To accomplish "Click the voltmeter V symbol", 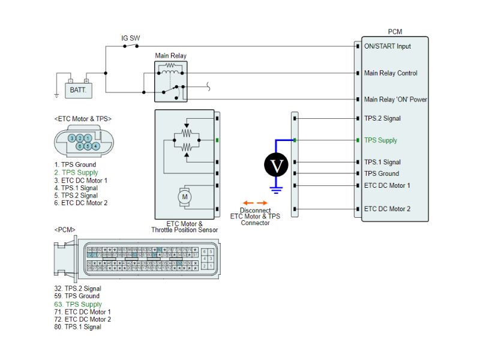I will click(x=277, y=165).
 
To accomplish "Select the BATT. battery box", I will click(x=78, y=90).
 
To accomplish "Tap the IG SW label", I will click(x=131, y=38).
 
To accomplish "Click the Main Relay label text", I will click(x=170, y=56).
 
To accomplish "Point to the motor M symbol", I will click(x=185, y=196).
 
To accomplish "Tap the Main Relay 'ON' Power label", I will click(x=395, y=100).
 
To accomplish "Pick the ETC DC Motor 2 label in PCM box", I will click(x=387, y=209).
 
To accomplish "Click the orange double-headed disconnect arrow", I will click(x=255, y=202).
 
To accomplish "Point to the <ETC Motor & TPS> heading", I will click(x=83, y=119).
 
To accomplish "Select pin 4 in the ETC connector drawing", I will click(x=95, y=146).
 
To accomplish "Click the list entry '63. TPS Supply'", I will click(x=76, y=304).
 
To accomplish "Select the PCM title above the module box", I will click(x=395, y=31).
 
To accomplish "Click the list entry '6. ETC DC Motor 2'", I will click(x=80, y=203).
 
